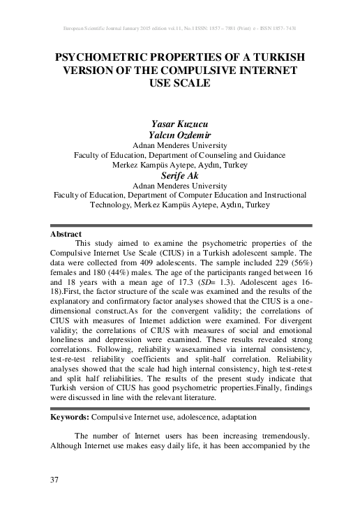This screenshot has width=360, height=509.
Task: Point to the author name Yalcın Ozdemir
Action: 180,134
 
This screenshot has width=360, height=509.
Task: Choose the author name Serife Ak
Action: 180,176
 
